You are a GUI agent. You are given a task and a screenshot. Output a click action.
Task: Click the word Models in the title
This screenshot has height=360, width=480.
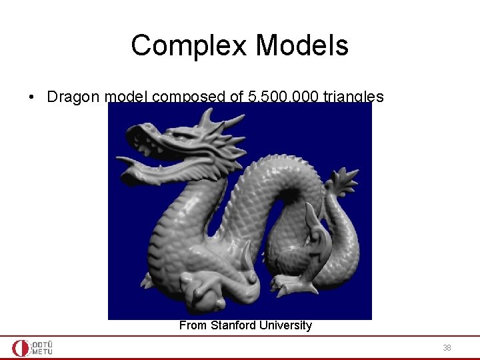(302, 46)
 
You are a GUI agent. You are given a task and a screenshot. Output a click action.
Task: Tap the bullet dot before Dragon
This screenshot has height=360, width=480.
(31, 97)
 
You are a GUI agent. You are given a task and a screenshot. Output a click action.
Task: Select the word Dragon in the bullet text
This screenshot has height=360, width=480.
(74, 97)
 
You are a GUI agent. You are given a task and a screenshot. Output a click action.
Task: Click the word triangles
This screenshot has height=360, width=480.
(353, 97)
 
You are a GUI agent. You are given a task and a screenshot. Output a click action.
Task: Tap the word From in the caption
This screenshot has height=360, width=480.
(193, 325)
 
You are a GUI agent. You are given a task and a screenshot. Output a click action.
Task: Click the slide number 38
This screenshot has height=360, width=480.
(446, 348)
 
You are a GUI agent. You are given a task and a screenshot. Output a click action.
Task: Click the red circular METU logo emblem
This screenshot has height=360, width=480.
(21, 348)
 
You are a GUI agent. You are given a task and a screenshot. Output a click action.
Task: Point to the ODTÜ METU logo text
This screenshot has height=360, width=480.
(42, 348)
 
